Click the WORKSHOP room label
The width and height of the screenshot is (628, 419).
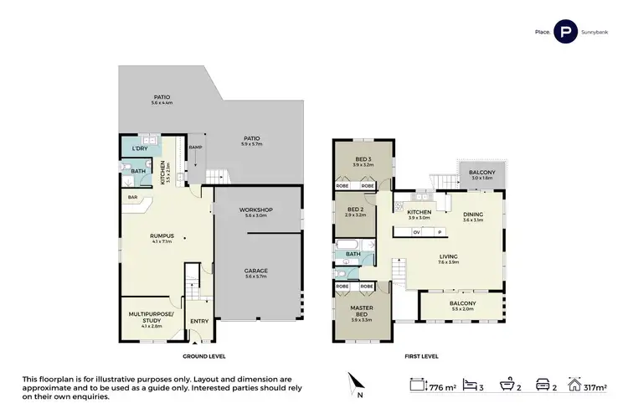pyautogui.click(x=255, y=209)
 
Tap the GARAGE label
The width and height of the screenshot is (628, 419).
pyautogui.click(x=255, y=271)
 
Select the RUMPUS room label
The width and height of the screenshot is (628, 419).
pyautogui.click(x=162, y=236)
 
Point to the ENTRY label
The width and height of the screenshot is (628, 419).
pyautogui.click(x=199, y=321)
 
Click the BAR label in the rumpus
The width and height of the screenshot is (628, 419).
pyautogui.click(x=132, y=199)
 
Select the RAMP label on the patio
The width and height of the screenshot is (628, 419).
pyautogui.click(x=195, y=147)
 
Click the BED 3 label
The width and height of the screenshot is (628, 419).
pyautogui.click(x=363, y=159)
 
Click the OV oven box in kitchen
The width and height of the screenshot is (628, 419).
pyautogui.click(x=415, y=232)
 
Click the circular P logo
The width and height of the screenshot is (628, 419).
pyautogui.click(x=566, y=33)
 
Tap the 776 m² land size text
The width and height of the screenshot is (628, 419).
pyautogui.click(x=445, y=388)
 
